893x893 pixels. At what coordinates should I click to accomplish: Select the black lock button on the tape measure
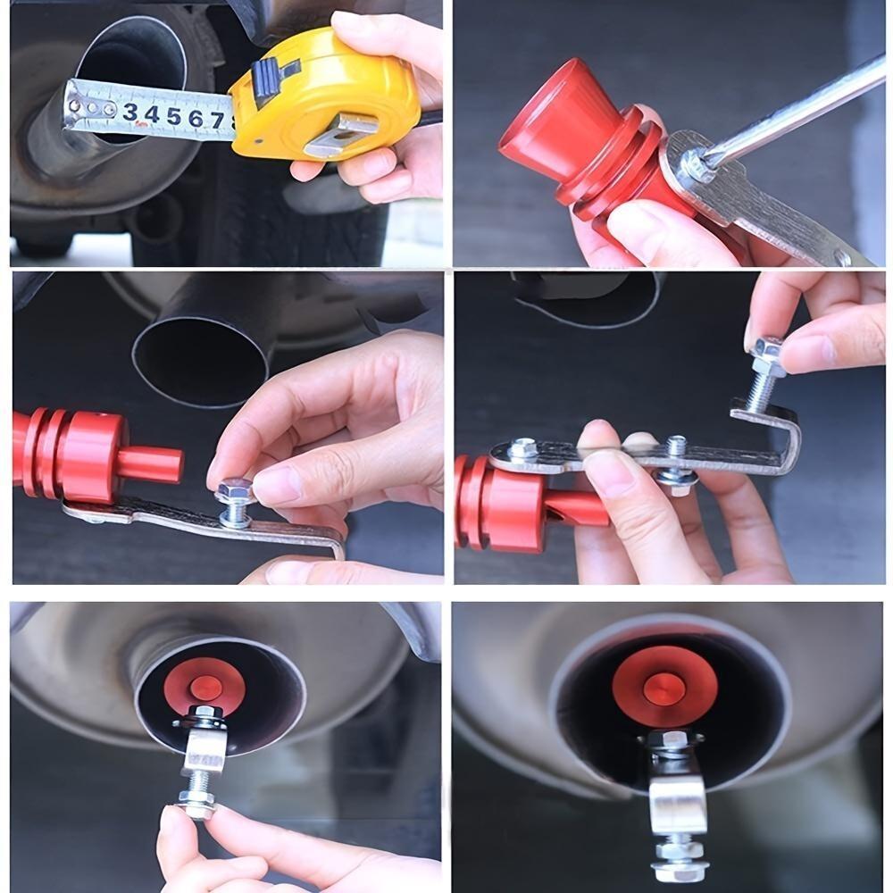[x=269, y=79]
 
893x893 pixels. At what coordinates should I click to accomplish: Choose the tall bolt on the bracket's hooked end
[x=766, y=375]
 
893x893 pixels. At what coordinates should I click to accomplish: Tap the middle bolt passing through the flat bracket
[x=676, y=464]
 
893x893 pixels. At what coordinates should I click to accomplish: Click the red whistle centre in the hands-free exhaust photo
[x=664, y=687]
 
